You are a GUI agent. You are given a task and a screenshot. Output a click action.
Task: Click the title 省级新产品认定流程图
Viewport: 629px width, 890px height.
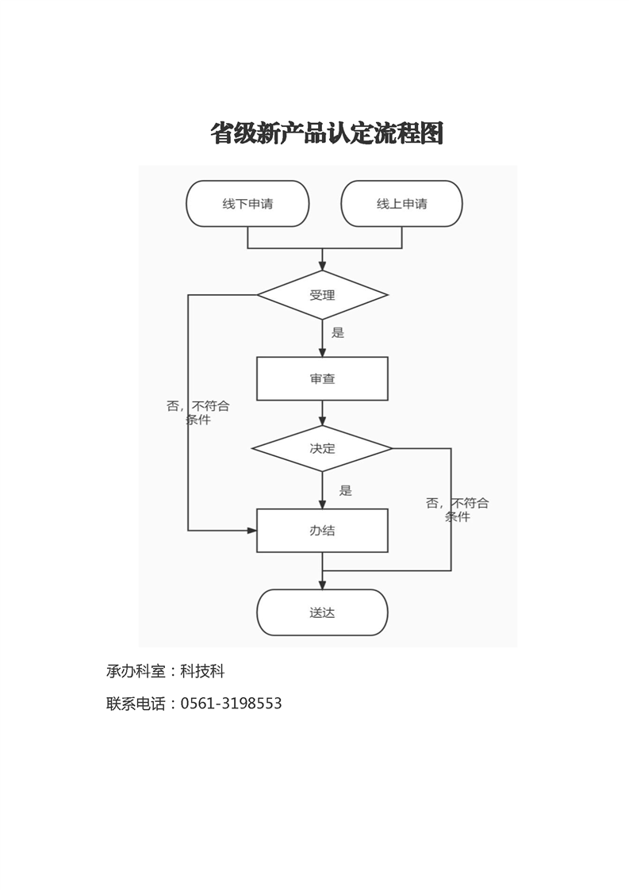tap(327, 133)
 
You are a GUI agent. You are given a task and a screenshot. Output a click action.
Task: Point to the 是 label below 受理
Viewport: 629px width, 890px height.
tap(338, 332)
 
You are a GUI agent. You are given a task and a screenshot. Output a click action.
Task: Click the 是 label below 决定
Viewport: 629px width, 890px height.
tap(346, 490)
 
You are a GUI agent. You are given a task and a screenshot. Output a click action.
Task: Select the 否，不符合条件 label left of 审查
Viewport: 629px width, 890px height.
tap(198, 412)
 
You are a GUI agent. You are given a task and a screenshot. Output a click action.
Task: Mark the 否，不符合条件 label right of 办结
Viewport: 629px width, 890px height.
tap(458, 510)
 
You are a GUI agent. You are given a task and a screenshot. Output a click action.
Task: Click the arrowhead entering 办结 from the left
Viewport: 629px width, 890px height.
tap(252, 531)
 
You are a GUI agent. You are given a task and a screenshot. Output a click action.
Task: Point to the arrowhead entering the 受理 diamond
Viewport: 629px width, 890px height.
tap(323, 267)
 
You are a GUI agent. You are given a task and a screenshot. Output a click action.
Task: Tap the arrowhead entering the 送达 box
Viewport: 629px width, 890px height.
tap(323, 585)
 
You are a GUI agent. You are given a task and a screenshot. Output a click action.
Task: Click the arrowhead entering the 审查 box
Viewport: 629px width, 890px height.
tap(323, 352)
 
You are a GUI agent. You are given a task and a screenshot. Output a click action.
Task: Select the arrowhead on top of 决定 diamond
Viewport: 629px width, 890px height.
tap(323, 420)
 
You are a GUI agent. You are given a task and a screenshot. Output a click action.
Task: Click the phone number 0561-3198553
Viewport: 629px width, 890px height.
tap(231, 704)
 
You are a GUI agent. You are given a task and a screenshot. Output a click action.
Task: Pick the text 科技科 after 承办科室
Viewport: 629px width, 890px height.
tap(203, 671)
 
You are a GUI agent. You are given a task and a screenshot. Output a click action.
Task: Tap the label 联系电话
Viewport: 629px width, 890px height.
tap(136, 704)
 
